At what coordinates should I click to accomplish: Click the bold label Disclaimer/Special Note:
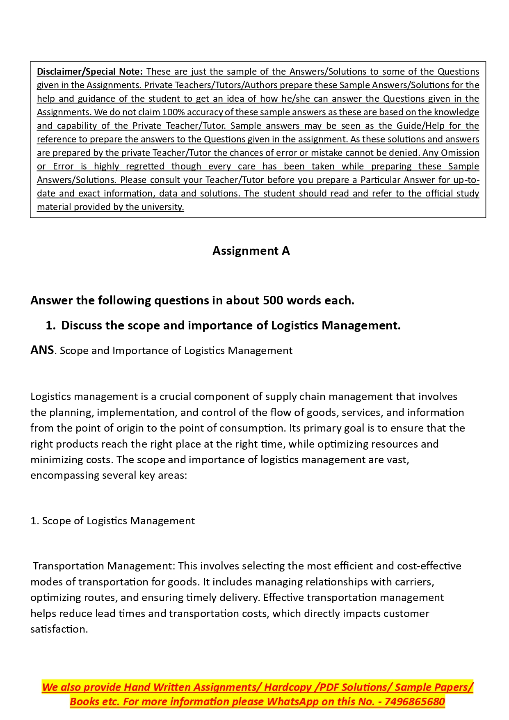click(89, 72)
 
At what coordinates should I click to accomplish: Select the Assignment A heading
click(251, 251)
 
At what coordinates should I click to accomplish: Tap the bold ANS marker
click(42, 350)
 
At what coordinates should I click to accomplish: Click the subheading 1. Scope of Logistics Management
click(112, 521)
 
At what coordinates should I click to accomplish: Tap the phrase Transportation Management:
click(104, 566)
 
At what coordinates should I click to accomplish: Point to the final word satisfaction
click(59, 629)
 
